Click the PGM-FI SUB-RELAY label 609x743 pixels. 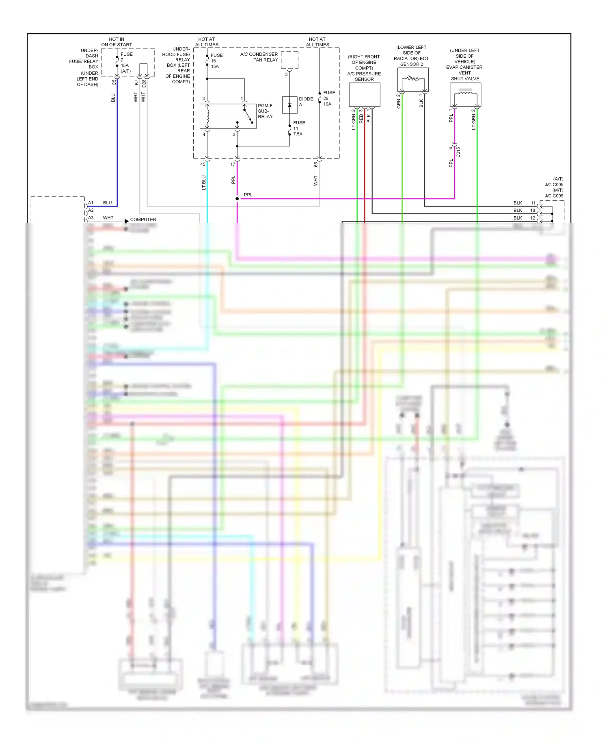[x=266, y=111]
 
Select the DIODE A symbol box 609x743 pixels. [x=289, y=105]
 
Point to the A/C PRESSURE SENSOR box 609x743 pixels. [x=365, y=95]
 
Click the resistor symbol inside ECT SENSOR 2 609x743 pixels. [x=413, y=78]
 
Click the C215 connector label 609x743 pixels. [x=458, y=152]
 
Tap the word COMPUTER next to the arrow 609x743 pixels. [x=143, y=219]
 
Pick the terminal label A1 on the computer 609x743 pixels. [x=91, y=202]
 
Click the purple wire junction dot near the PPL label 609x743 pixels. [x=237, y=199]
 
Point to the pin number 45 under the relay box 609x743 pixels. [x=203, y=164]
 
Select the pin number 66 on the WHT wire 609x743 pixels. [x=315, y=164]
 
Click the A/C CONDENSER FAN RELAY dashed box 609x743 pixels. [x=289, y=60]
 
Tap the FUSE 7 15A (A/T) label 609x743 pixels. [x=126, y=63]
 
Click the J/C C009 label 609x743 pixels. [x=554, y=196]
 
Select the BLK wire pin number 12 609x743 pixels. [x=533, y=218]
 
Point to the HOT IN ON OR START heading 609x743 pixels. [x=117, y=42]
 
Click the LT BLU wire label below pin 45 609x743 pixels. [x=204, y=182]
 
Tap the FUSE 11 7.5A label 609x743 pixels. [x=299, y=128]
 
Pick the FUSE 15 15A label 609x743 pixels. [x=216, y=61]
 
